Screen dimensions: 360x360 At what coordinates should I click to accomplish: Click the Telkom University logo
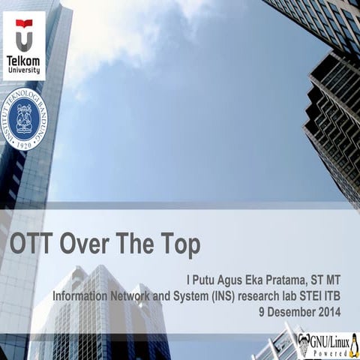[24, 46]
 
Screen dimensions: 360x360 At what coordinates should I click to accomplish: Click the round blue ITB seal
[24, 118]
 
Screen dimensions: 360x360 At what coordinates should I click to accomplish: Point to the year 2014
[330, 310]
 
